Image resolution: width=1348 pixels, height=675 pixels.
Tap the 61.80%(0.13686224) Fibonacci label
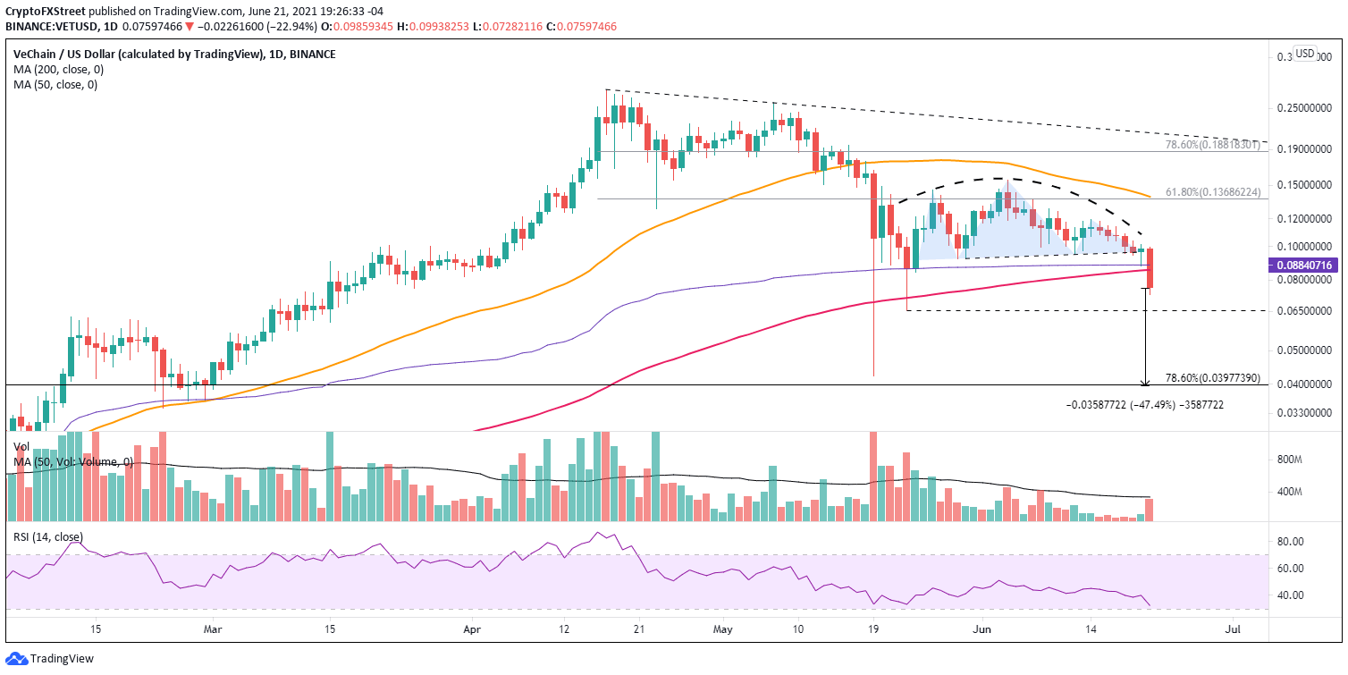coord(1213,190)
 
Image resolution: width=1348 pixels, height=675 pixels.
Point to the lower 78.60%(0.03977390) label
coord(1213,378)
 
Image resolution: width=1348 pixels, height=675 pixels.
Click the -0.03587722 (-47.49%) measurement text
coord(1145,405)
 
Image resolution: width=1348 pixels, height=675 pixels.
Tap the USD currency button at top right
coord(1305,54)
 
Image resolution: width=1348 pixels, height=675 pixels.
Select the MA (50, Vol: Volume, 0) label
coord(73,461)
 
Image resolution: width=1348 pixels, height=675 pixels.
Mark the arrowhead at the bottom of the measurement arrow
coord(1145,383)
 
